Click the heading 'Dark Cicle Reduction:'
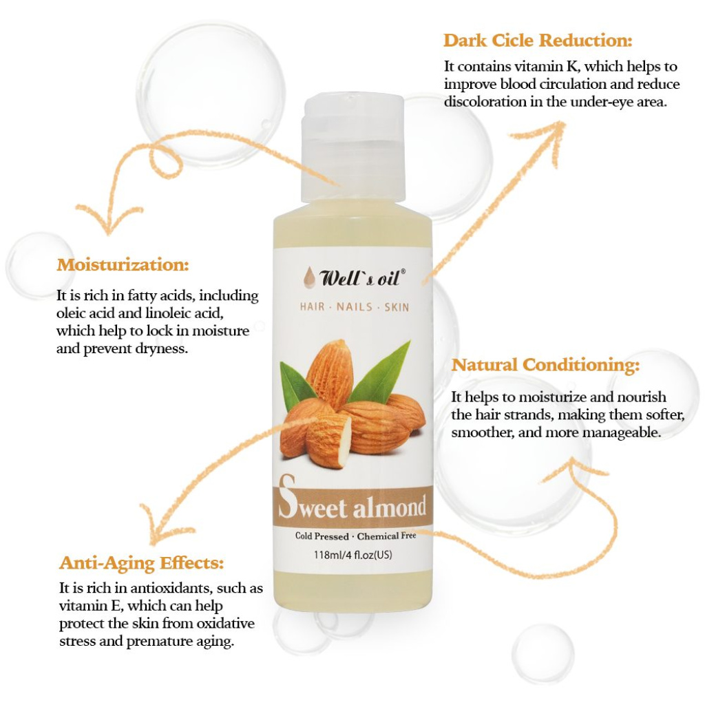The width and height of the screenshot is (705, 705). tap(538, 41)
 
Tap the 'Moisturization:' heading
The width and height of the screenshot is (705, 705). tap(123, 264)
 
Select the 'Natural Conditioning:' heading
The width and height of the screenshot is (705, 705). tap(545, 365)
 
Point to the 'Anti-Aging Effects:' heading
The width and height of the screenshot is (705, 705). tap(142, 563)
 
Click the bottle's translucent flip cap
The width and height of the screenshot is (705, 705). tap(353, 149)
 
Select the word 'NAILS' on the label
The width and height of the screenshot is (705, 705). tap(355, 307)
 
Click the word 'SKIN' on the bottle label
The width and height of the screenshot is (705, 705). tap(397, 307)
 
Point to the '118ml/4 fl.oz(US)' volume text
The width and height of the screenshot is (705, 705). tap(353, 555)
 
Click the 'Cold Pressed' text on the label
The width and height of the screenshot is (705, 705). tap(322, 536)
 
